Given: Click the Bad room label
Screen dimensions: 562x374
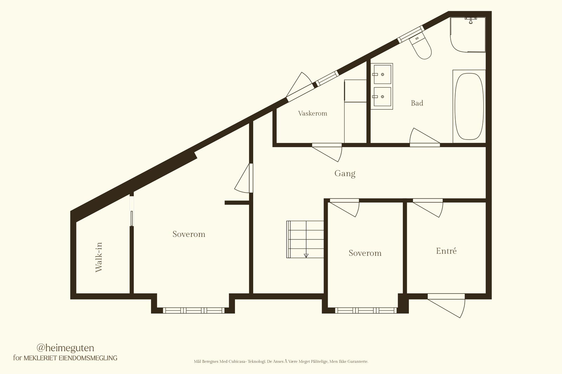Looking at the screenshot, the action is point(417,103).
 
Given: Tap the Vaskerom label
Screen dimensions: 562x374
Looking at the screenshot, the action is point(313,114).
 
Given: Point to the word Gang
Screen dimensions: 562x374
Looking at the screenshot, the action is point(345,174).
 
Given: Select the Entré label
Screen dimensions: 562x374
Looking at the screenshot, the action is point(446,251).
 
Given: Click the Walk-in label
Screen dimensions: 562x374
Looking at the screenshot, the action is point(99,257).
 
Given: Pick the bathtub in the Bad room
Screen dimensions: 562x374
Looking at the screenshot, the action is point(469,107).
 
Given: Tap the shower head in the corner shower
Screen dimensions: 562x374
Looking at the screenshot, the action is point(471,20).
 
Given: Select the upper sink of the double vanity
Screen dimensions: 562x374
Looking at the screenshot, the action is point(383,74).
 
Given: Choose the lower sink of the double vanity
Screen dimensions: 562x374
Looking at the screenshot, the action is point(383,97).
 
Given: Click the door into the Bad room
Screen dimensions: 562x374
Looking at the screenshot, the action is point(425,137).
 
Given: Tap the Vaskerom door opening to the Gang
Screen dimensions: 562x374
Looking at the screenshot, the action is point(327,152).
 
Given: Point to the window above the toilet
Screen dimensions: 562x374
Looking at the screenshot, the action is point(411,34).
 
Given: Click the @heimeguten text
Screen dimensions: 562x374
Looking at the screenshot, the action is point(65,348).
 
